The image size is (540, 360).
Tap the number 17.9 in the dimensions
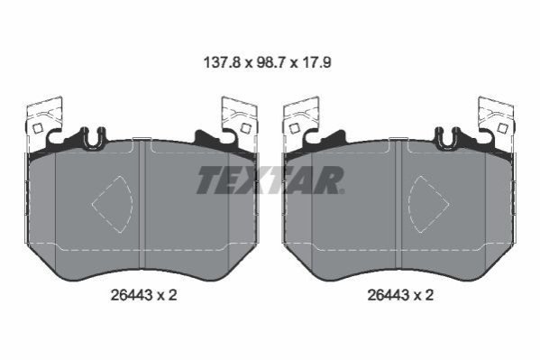tap(316, 63)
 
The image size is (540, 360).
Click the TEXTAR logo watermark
tap(270, 180)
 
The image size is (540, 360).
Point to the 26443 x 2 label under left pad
tap(144, 295)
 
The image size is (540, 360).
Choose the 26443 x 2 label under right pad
tap(400, 295)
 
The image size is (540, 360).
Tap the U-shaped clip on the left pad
tap(92, 137)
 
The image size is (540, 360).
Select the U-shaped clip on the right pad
tap(448, 137)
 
